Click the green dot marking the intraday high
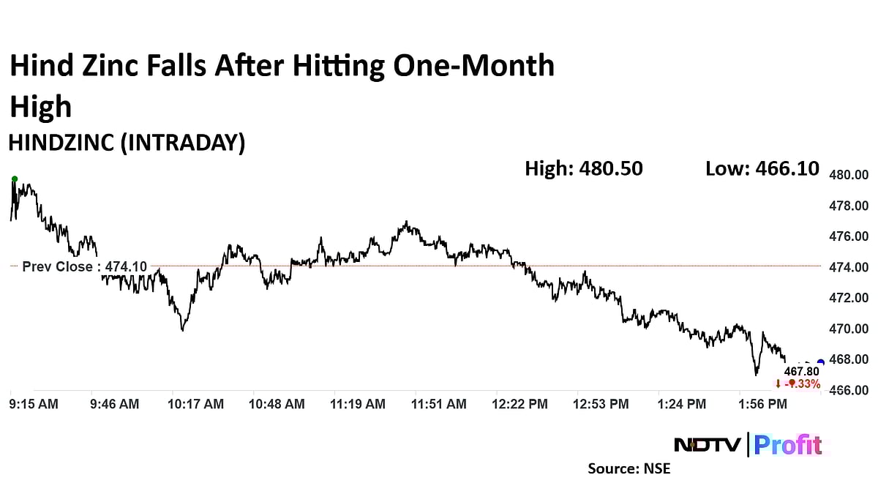pyautogui.click(x=14, y=179)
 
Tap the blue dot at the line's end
pyautogui.click(x=820, y=362)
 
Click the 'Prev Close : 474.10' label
pyautogui.click(x=84, y=266)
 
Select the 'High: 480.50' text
pyautogui.click(x=583, y=168)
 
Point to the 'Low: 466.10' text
pyautogui.click(x=762, y=168)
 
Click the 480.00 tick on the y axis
pyautogui.click(x=848, y=175)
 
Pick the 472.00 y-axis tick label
pyautogui.click(x=848, y=298)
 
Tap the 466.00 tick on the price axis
pyautogui.click(x=848, y=390)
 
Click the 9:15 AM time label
pyautogui.click(x=34, y=403)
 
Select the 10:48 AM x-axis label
pyautogui.click(x=277, y=403)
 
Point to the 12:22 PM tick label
pyautogui.click(x=519, y=403)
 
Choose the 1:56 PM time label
pyautogui.click(x=762, y=403)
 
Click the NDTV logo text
pyautogui.click(x=706, y=444)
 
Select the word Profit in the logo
pyautogui.click(x=787, y=444)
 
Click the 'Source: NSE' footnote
pyautogui.click(x=629, y=468)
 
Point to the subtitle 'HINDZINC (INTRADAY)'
pyautogui.click(x=126, y=143)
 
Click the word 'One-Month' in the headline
pyautogui.click(x=473, y=67)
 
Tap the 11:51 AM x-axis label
pyautogui.click(x=438, y=403)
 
